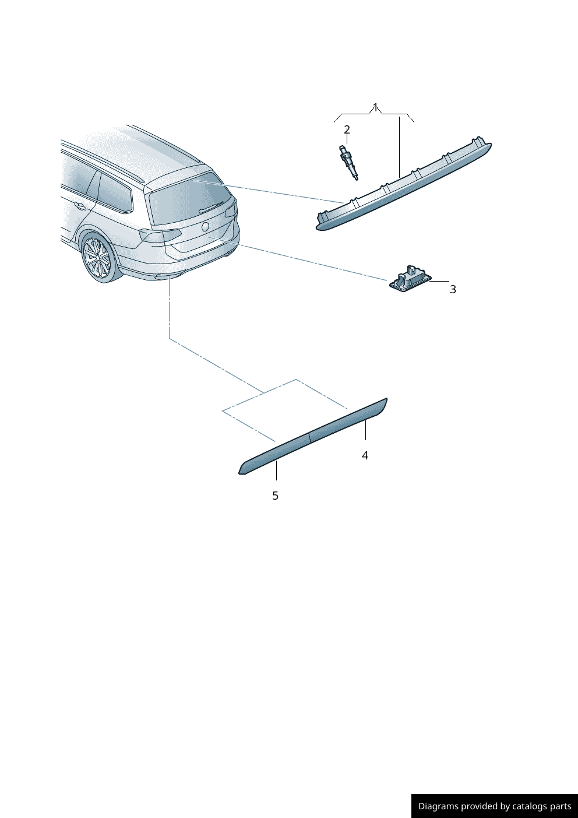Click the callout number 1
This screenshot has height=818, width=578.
click(x=375, y=107)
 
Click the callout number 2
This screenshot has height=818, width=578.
click(x=347, y=129)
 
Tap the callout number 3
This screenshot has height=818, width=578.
click(x=453, y=289)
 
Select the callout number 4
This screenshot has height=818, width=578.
click(x=365, y=455)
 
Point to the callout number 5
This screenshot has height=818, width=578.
click(x=276, y=496)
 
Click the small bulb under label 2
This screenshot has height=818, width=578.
click(x=348, y=163)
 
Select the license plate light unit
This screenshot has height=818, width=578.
click(x=410, y=279)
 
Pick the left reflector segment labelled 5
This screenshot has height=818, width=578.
click(x=274, y=455)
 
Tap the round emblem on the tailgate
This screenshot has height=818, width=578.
click(x=206, y=226)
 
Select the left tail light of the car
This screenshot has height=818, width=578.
click(x=160, y=234)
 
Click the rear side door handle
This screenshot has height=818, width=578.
click(x=80, y=206)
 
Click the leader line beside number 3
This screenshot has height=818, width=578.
click(x=439, y=281)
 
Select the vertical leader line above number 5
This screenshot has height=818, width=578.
click(x=277, y=471)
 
